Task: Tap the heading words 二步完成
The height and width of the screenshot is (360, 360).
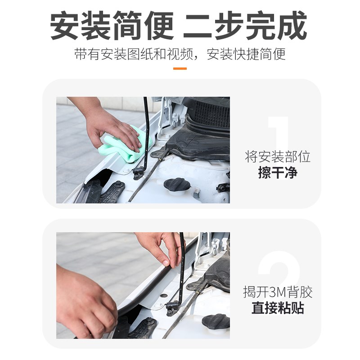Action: point(245,26)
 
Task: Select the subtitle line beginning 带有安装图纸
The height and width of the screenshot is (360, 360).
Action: point(180,54)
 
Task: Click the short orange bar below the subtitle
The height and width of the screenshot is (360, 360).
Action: point(180,68)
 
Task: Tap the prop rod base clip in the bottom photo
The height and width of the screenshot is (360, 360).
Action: point(173,307)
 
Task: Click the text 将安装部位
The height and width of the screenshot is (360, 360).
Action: point(278,157)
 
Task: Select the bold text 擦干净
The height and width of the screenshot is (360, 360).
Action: point(278,173)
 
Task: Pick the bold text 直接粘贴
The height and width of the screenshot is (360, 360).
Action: point(278,308)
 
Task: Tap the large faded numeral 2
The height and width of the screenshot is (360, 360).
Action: point(279,270)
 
